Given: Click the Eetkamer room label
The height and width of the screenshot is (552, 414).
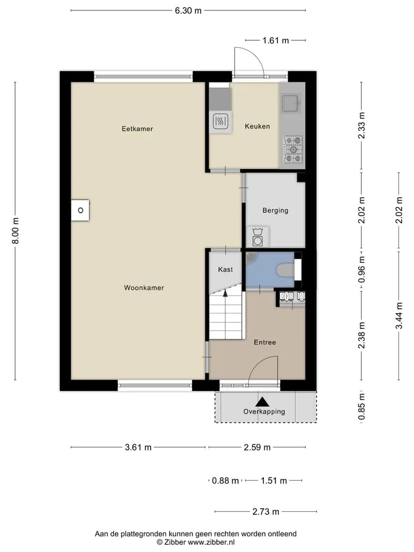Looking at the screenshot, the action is (137, 129).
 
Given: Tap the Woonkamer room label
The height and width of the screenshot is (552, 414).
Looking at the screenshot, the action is (144, 287).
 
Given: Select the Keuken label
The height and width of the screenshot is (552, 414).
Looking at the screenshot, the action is (258, 126).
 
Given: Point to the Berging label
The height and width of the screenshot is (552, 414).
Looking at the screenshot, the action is (275, 210).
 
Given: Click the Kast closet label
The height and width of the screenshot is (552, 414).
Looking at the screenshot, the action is (225, 269).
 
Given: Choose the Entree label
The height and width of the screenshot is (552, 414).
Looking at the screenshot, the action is (264, 342).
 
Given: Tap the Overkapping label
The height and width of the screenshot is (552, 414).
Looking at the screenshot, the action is (264, 411).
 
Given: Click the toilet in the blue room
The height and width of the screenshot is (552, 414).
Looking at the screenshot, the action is (286, 271).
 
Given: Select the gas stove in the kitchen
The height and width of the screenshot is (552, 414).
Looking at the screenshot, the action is (293, 149).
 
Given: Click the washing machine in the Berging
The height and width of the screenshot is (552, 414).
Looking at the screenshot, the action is (258, 237).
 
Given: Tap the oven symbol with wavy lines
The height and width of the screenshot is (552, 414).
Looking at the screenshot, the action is (221, 122).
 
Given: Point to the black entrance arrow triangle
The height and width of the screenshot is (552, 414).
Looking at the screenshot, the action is (262, 402).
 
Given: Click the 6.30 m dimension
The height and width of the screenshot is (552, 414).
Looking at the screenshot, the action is (189, 10).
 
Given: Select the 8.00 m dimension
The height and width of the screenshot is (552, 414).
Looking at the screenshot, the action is (16, 231).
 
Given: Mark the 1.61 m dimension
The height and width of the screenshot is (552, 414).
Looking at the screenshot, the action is (275, 40).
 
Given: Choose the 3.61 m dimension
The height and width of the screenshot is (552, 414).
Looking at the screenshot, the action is (138, 447).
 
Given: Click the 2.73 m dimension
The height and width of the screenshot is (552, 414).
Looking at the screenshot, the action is (266, 512).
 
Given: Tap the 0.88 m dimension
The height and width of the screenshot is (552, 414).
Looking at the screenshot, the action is (225, 481).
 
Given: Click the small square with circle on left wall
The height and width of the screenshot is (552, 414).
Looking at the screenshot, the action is (80, 210).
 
